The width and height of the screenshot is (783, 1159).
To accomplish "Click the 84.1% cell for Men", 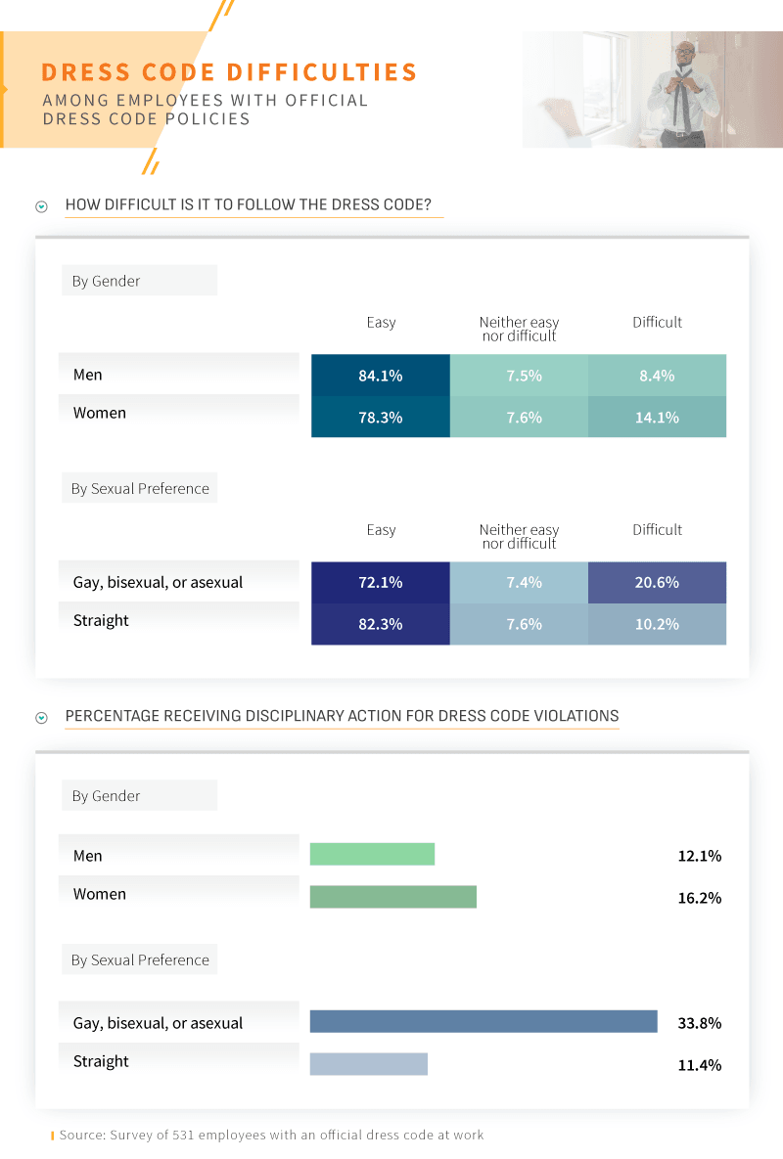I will [x=381, y=376].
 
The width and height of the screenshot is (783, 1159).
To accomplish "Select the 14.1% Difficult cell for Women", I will [x=657, y=417].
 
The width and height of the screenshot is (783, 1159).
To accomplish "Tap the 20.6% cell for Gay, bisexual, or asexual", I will [x=657, y=582].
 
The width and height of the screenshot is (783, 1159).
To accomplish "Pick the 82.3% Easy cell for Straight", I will [x=381, y=624].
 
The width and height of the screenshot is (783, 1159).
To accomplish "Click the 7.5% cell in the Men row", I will [x=519, y=376].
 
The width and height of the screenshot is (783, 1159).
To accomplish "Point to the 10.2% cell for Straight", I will [x=657, y=624].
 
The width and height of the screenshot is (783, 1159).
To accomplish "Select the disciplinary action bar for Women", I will [x=392, y=897].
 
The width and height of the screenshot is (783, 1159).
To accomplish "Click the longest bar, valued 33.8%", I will [x=484, y=1021].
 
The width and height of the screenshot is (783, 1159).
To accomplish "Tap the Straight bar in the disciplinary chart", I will [x=369, y=1063].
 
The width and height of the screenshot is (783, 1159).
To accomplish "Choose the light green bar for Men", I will [x=372, y=854].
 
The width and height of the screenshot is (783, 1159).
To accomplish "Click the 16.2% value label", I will [x=699, y=897].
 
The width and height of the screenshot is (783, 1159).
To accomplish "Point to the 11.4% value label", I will [x=699, y=1064].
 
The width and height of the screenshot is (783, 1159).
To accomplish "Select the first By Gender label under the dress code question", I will [x=106, y=281].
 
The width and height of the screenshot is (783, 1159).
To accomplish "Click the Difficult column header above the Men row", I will [x=657, y=322].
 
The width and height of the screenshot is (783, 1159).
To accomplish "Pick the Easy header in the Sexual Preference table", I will [x=381, y=529].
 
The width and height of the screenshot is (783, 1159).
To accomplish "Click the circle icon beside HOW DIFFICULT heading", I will [x=41, y=206].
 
